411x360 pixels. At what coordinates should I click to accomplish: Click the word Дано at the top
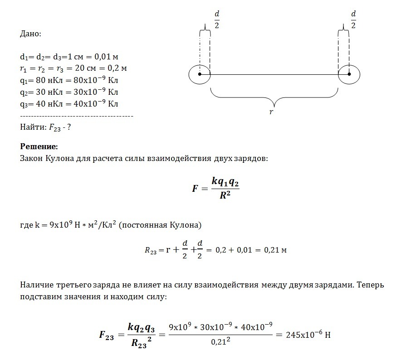30,34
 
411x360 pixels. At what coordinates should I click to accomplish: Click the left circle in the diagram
200,74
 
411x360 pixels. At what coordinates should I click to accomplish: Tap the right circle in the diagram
349,74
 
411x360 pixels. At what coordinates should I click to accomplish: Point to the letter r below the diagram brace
271,112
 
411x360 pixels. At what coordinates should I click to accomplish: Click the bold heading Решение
39,146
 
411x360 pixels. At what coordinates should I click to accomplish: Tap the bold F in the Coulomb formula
195,188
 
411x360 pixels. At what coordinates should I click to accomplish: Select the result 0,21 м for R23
275,250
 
